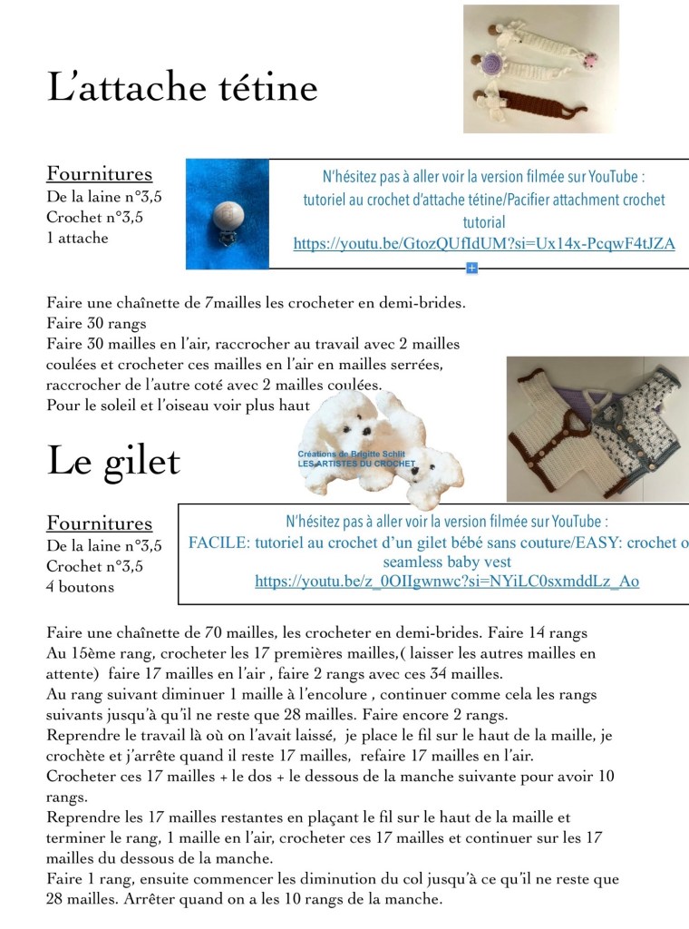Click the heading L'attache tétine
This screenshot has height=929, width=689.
pos(182,88)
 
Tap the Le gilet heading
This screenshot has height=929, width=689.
pos(113,461)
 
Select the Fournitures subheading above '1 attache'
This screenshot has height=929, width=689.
pos(100,173)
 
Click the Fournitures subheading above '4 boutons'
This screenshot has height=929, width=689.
pos(100,523)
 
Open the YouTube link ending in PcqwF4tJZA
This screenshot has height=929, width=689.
pos(484,243)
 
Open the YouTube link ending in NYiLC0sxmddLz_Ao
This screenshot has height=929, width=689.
pos(447,582)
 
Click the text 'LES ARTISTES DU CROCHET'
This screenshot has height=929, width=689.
pos(356,464)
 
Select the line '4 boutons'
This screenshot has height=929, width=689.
pos(81,587)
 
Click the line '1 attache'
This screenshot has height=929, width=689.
pos(77,238)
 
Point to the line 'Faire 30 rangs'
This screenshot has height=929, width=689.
pos(95,323)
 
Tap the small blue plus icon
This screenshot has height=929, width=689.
pos(471,268)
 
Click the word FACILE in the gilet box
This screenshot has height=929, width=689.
pos(211,543)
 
